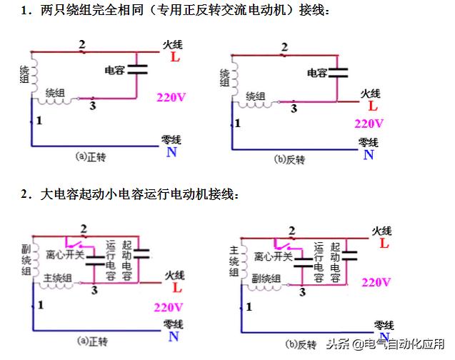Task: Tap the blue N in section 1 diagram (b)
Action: [369, 154]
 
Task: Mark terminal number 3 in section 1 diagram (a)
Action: [93, 106]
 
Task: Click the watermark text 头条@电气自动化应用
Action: [386, 344]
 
